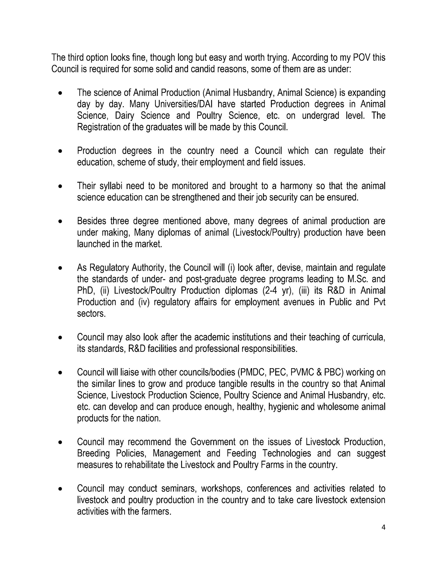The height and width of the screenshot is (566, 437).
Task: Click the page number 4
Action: tap(383, 527)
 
